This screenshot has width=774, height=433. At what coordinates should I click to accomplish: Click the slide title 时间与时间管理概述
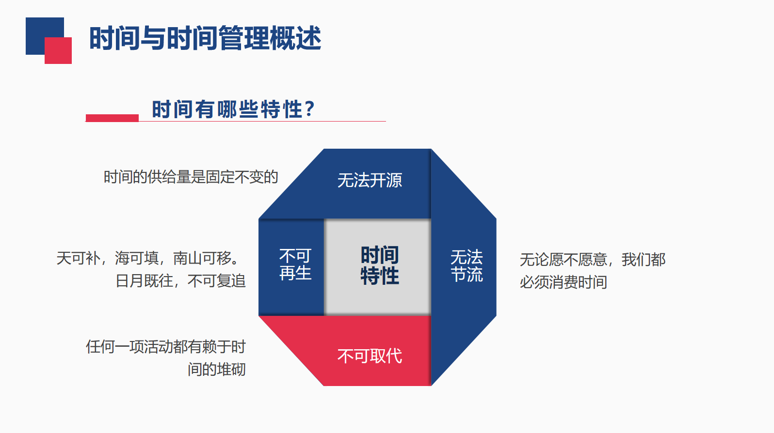tap(205, 38)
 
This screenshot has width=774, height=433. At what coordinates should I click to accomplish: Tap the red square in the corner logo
tap(58, 50)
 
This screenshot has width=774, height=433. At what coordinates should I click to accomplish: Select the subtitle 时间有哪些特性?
tap(233, 109)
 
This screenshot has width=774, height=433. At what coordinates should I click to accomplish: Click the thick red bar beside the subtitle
tap(112, 118)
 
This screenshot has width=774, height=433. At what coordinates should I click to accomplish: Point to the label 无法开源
tap(370, 181)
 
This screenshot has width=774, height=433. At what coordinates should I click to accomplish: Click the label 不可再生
tap(295, 264)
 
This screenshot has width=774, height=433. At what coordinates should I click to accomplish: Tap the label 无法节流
tap(467, 266)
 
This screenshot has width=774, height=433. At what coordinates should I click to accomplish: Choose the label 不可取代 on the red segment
tap(370, 356)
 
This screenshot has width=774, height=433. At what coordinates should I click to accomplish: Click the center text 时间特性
tap(380, 265)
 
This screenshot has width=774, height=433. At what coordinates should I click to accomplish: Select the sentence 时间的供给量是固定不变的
tap(191, 177)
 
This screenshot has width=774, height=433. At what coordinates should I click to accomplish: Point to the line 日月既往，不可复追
tap(180, 281)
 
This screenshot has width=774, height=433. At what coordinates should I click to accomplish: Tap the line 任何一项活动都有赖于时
tap(166, 347)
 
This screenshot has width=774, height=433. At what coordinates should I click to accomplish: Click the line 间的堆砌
tap(217, 370)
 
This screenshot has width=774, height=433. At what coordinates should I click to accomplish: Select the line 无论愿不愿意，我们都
tap(593, 260)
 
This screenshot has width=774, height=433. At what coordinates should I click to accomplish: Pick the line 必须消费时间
tap(563, 282)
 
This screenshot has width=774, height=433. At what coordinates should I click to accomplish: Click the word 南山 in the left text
tap(187, 258)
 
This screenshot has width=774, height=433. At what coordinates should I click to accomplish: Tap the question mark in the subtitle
tap(310, 109)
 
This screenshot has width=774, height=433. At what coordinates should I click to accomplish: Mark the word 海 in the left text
tap(122, 258)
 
